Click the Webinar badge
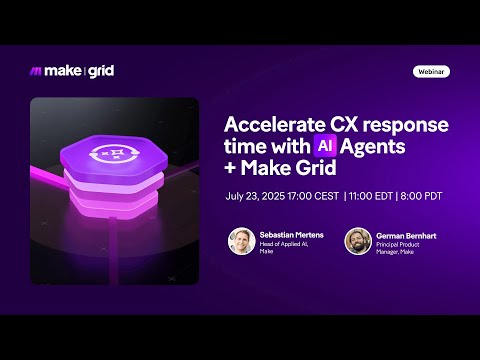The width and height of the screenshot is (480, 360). click(x=431, y=72)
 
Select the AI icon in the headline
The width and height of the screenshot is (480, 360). click(x=323, y=146)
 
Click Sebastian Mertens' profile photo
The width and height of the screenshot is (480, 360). click(x=240, y=241)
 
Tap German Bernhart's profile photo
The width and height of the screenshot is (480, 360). click(x=358, y=241)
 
